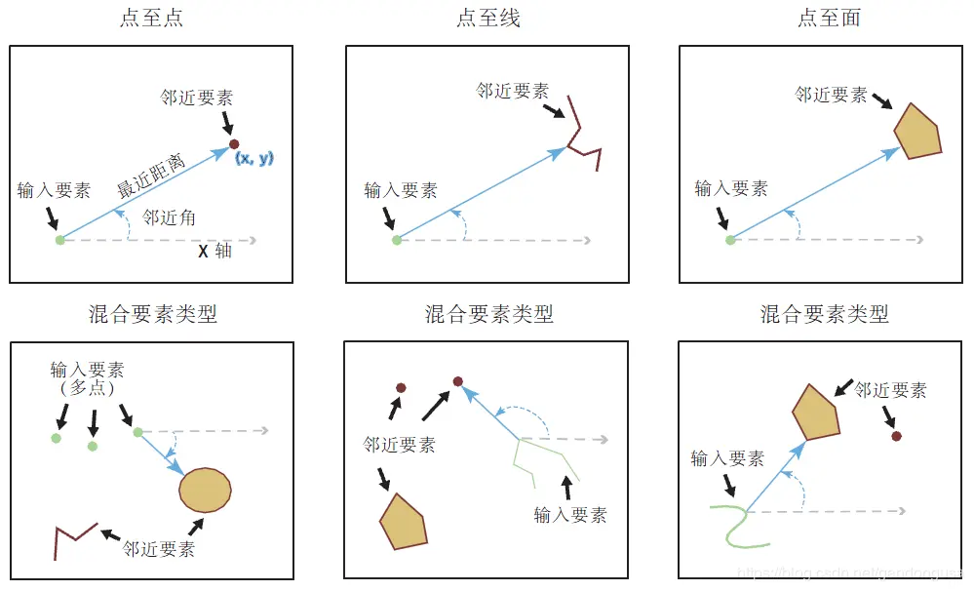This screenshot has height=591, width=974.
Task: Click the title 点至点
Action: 150,19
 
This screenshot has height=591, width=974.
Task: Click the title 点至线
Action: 488,19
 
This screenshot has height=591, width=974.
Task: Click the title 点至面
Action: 829,19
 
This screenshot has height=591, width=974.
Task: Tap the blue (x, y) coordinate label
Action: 253,158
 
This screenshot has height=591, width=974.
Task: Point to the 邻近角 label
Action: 169,217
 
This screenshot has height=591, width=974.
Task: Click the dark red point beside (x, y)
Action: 234,144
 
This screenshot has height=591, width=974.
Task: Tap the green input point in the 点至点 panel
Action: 59,239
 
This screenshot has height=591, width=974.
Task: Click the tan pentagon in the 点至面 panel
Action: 917,131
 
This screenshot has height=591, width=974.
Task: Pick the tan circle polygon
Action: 205,490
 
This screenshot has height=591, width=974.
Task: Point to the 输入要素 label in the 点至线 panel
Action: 400,190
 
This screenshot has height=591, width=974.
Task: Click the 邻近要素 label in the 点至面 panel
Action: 831,95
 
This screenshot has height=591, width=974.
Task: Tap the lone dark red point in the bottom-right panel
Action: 896,436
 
